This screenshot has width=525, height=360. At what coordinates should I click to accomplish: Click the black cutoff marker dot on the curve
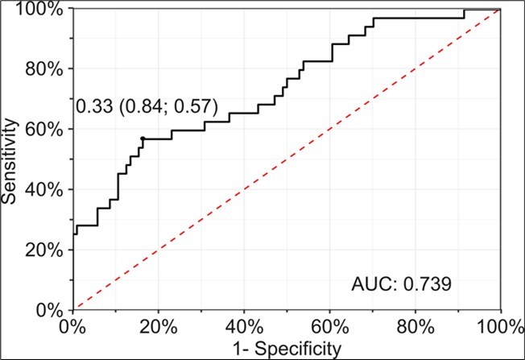point(143,139)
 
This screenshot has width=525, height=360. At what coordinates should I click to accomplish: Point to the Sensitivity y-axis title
point(10,159)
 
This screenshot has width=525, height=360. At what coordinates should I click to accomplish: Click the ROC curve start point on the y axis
point(74,234)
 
